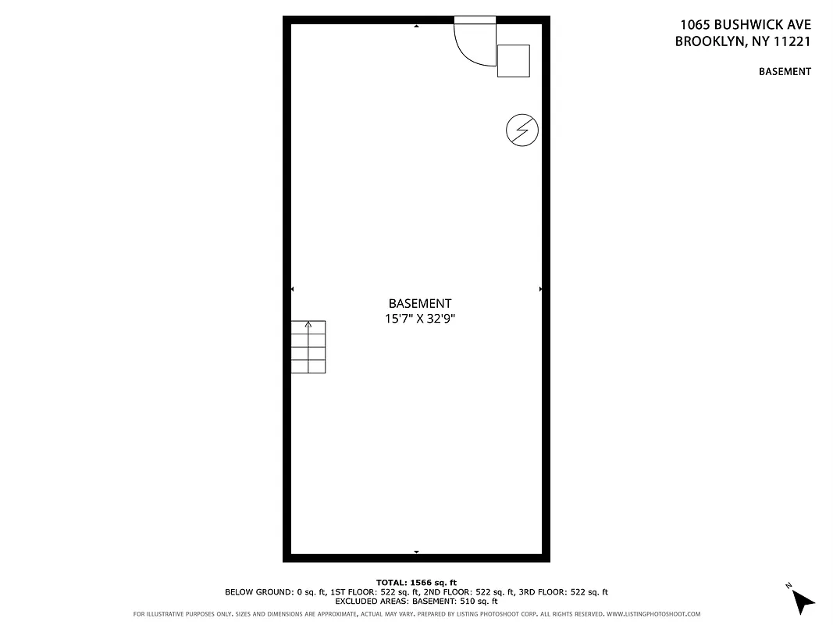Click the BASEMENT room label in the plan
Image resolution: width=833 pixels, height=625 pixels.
tap(419, 303)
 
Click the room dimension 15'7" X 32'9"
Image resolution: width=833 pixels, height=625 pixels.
tap(419, 319)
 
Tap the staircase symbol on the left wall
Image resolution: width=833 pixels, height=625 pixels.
tap(308, 347)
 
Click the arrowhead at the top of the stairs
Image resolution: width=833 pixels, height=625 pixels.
tap(308, 323)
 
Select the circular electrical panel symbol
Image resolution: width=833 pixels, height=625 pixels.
tap(522, 130)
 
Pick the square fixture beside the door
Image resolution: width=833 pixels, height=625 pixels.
tap(513, 61)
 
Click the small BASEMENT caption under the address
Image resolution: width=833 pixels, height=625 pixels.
tap(785, 72)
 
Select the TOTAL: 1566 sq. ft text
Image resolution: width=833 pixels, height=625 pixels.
tap(416, 583)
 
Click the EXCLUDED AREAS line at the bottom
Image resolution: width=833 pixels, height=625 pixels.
tap(416, 602)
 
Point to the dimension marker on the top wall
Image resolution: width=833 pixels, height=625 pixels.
tap(416, 27)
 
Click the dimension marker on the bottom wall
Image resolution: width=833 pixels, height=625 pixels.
tap(416, 552)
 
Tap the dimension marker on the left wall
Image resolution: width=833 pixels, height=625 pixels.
tap(292, 289)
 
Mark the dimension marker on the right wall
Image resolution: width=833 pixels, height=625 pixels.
tap(540, 289)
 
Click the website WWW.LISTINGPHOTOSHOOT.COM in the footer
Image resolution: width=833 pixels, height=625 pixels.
tap(653, 614)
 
